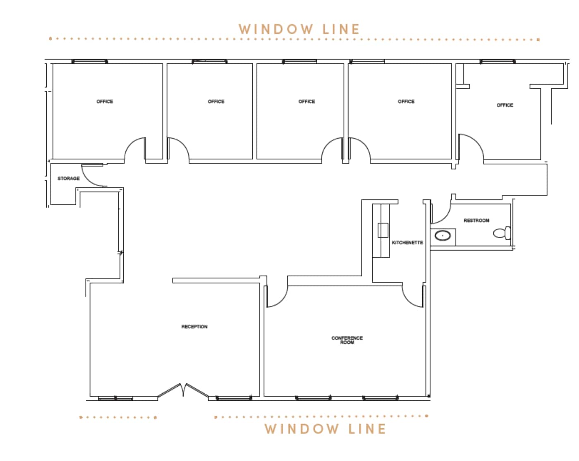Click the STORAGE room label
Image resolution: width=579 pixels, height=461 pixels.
pos(69,178)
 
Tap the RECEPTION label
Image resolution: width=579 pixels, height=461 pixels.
pos(194,326)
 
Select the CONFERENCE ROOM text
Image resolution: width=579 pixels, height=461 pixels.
pos(347,340)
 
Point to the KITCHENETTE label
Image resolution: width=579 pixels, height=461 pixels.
pos(407,242)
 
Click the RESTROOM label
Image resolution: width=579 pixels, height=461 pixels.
pos(476,221)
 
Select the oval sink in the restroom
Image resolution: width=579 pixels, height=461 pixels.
pos(443,236)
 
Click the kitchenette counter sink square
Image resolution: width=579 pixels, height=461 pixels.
pos(383,230)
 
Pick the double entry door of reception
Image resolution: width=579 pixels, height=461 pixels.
pos(183,390)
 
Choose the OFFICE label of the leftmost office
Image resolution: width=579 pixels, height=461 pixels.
pos(105,101)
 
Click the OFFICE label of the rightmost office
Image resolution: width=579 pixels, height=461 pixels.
pos(505,105)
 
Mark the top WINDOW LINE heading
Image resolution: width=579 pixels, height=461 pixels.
pos(299,29)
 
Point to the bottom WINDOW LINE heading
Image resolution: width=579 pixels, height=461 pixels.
pos(325,429)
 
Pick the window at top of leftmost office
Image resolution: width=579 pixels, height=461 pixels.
pos(90,62)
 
